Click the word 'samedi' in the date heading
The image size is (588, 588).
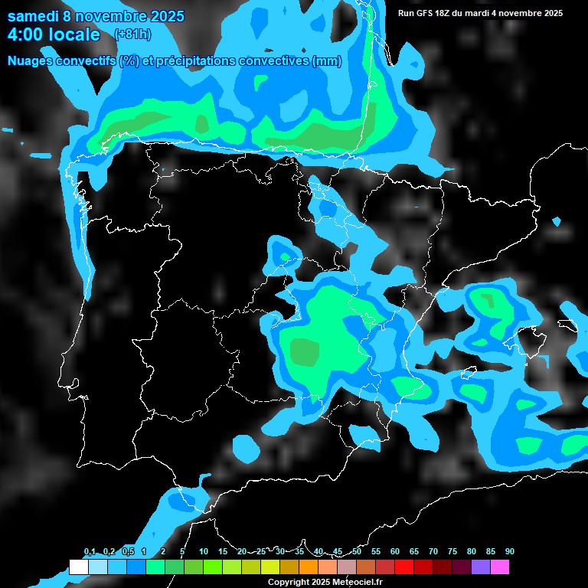click(x=32, y=16)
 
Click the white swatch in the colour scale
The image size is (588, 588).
click(x=79, y=567)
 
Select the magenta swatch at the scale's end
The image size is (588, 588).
click(x=500, y=567)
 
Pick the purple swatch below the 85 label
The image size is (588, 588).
click(x=481, y=567)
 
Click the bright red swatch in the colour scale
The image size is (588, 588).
click(x=404, y=567)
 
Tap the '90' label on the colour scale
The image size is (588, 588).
click(x=510, y=552)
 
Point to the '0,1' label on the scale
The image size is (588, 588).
click(x=90, y=552)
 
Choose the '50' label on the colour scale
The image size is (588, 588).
click(x=357, y=552)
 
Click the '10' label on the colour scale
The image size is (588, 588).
click(x=204, y=552)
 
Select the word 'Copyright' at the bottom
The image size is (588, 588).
click(x=288, y=583)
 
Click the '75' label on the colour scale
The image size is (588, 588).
click(x=452, y=552)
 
